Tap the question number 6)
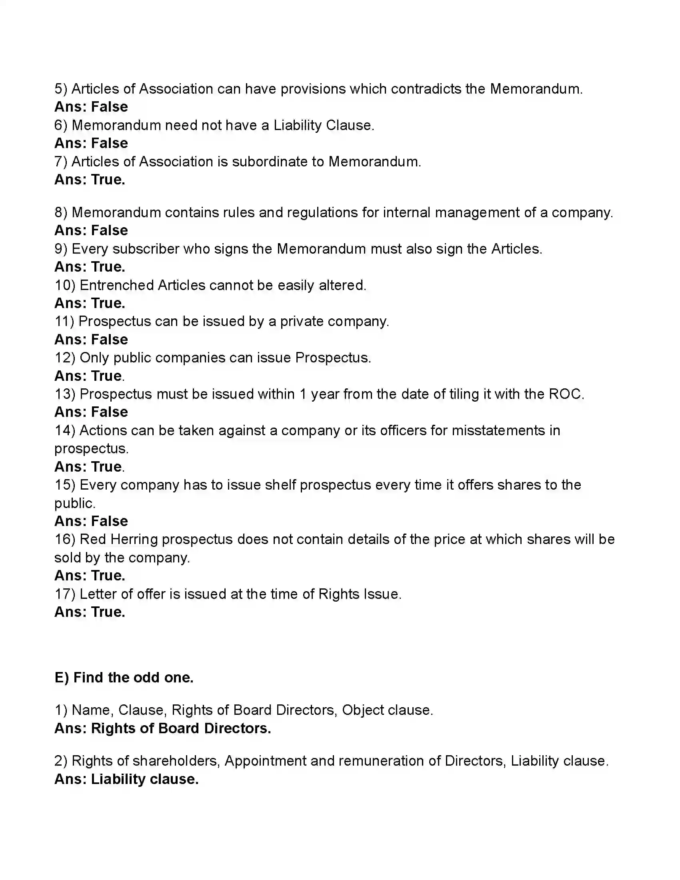point(61,125)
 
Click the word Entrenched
point(116,285)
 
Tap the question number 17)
point(65,594)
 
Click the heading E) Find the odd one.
point(124,677)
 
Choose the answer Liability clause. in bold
point(145,779)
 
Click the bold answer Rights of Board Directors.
point(181,728)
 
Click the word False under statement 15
point(110,521)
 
